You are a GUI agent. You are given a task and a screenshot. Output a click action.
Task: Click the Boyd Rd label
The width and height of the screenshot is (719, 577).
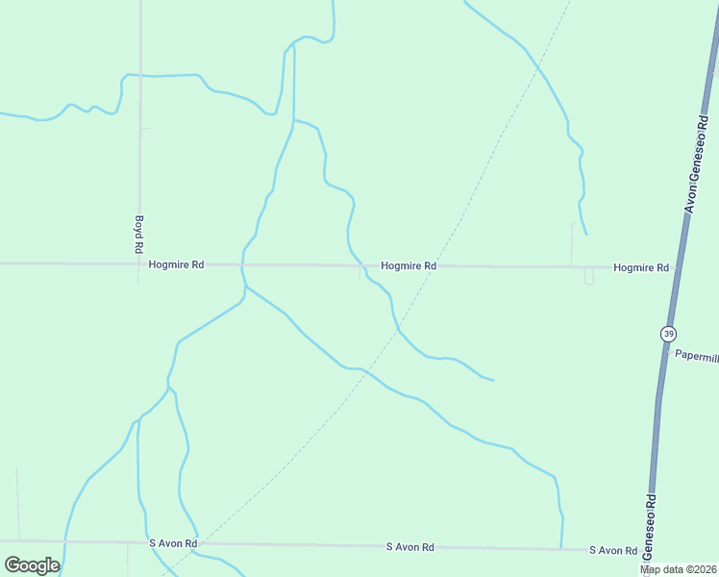[x=139, y=234]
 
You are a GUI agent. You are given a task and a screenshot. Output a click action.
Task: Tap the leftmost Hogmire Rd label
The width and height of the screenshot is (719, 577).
[x=177, y=264]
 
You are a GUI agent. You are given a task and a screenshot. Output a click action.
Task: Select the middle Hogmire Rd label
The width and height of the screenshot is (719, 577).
[x=409, y=265]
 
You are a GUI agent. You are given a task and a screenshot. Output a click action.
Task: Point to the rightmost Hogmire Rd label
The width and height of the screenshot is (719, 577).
[x=640, y=267]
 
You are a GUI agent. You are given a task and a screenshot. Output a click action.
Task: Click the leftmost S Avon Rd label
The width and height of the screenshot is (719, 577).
[x=173, y=543]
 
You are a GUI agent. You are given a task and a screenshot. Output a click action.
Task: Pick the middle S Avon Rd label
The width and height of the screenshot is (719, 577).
[x=409, y=547]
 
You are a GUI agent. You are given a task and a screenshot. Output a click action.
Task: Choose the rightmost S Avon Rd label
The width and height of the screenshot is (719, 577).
[x=613, y=550]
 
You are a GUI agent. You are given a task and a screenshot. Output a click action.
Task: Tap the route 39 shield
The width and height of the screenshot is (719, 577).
[x=668, y=334]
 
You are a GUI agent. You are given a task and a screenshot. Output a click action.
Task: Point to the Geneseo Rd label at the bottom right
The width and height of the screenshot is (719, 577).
[x=651, y=529]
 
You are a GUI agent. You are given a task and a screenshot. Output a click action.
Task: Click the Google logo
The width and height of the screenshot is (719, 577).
[x=32, y=565]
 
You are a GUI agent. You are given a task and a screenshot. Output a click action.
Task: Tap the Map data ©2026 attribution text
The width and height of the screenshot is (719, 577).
[x=679, y=569]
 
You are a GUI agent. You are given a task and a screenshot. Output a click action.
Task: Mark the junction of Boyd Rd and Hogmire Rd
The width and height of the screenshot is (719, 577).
[x=140, y=263]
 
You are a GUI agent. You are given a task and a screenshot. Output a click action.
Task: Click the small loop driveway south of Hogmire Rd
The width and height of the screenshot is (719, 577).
[x=588, y=277]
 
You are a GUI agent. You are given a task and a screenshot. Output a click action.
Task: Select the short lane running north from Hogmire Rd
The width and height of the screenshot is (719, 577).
[x=573, y=245]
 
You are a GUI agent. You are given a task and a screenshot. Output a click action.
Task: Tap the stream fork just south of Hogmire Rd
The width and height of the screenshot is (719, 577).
[x=245, y=287]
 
